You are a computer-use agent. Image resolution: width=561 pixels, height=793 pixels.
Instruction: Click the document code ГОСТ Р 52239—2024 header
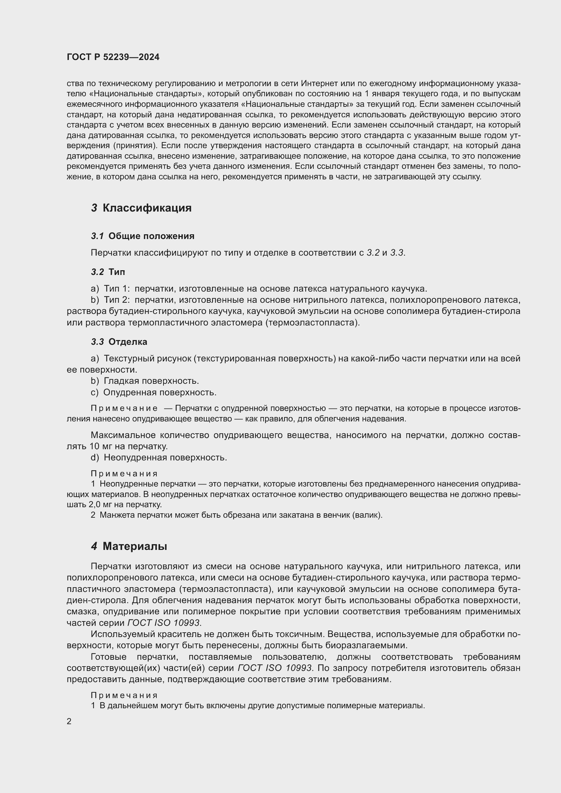(113, 57)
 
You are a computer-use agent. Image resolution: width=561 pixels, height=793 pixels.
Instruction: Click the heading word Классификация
(147, 208)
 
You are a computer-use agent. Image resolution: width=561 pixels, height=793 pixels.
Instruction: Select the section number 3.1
(97, 236)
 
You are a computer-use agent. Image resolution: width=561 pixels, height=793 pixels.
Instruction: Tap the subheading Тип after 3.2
(117, 272)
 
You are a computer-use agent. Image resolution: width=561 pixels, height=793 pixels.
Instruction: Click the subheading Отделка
(128, 342)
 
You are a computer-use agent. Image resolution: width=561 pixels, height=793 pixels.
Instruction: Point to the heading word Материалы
(135, 547)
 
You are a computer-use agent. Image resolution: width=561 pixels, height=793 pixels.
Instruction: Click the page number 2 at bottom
(69, 721)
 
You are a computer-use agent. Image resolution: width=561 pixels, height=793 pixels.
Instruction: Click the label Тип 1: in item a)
(117, 289)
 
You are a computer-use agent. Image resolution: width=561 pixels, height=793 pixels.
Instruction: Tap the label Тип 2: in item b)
(117, 300)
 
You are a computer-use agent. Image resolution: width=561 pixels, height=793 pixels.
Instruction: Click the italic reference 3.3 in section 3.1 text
(397, 253)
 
